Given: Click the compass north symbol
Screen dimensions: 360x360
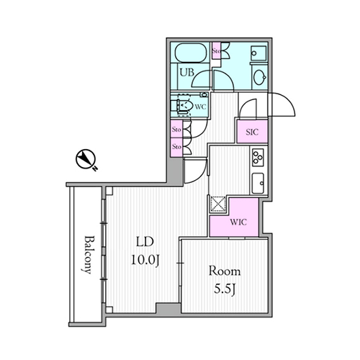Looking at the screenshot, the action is point(86,160).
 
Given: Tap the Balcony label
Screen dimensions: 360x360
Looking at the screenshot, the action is point(88,255).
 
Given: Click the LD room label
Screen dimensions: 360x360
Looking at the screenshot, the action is point(145,242).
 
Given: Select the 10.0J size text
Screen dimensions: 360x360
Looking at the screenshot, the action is point(145,260).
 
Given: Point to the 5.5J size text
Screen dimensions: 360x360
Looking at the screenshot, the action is point(225,289).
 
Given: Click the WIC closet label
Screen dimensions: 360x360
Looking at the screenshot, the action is point(238,222).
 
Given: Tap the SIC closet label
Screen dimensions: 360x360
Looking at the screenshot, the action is point(252,132).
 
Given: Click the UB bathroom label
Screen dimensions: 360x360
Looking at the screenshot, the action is point(187,72).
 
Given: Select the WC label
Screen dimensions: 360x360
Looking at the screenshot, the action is point(200,107).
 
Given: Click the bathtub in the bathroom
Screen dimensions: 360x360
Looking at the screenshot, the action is point(189,53).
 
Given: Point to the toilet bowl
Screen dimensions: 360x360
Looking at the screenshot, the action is point(184,105).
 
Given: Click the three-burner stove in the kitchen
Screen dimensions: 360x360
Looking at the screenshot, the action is point(258,157).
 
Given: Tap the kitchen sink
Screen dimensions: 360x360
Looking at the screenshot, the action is point(258,183).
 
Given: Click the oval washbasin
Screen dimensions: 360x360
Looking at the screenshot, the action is point(260,77).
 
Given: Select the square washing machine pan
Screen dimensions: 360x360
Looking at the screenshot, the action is point(258,53).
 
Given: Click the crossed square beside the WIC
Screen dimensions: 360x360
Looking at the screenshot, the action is point(218,204).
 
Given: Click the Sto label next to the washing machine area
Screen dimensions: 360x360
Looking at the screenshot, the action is point(216,51).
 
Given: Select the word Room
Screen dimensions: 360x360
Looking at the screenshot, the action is point(225,271).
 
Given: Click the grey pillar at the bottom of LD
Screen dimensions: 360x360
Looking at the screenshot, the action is point(168,308).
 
